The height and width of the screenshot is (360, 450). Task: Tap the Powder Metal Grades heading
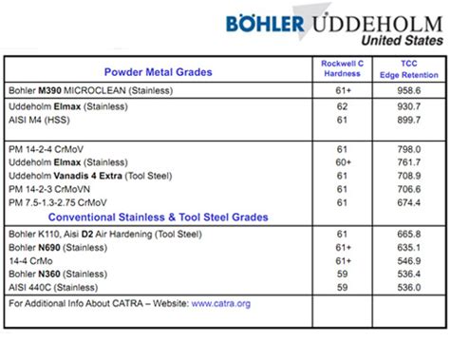pyautogui.click(x=158, y=72)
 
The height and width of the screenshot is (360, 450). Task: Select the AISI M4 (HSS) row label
pyautogui.click(x=49, y=122)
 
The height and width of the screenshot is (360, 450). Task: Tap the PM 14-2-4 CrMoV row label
pyautogui.click(x=58, y=149)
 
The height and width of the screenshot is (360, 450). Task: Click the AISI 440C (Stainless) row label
pyautogui.click(x=60, y=286)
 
